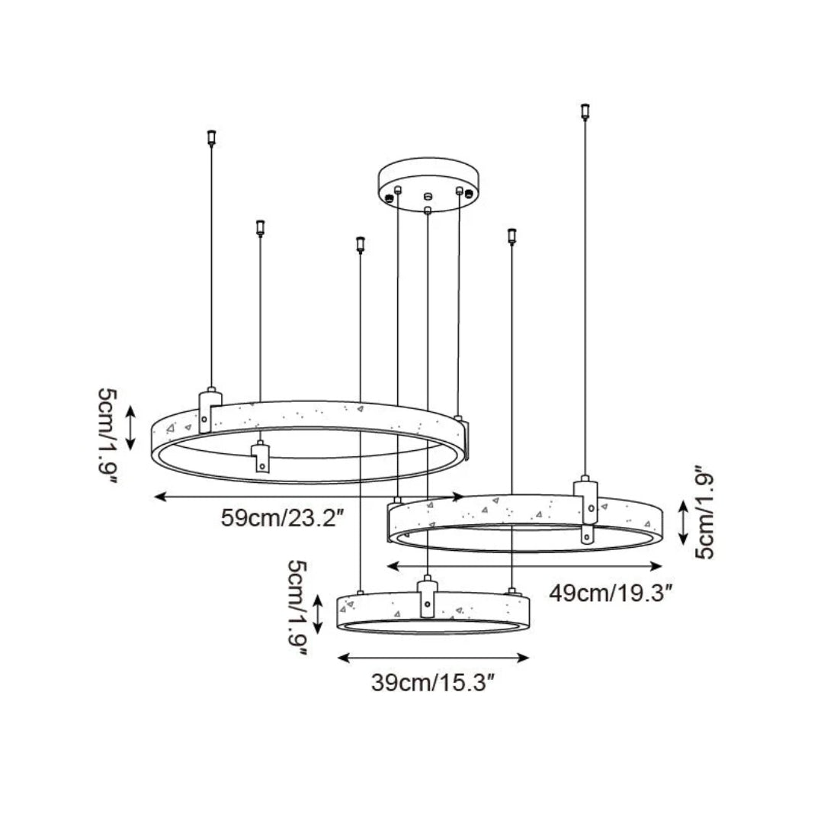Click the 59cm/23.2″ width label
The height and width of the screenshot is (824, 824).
click(x=284, y=518)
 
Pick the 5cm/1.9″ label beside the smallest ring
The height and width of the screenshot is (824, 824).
click(x=298, y=608)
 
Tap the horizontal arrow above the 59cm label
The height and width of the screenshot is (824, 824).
click(x=309, y=497)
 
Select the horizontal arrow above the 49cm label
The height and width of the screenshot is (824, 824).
click(x=524, y=566)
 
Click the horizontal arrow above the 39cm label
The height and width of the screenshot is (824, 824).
click(x=433, y=657)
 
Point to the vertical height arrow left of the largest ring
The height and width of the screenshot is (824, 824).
click(x=131, y=429)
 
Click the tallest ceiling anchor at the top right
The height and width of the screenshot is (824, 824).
click(x=585, y=111)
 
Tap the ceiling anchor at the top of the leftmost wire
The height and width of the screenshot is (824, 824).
click(x=211, y=137)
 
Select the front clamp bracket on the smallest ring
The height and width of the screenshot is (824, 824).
click(x=427, y=597)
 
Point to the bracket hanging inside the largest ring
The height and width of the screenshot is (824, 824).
click(x=261, y=459)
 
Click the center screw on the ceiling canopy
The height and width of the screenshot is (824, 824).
click(x=428, y=195)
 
